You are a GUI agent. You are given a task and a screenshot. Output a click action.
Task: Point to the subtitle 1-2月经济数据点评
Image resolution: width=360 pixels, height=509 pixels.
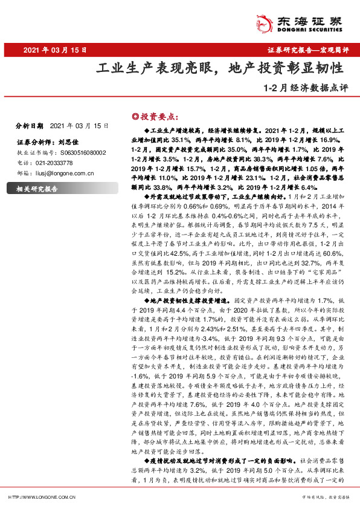point(306,86)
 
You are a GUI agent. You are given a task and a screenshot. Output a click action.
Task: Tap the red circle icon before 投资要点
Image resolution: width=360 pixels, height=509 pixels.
point(135,115)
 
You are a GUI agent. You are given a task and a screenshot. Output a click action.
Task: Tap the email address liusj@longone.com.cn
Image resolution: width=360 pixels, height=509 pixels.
point(69,173)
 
